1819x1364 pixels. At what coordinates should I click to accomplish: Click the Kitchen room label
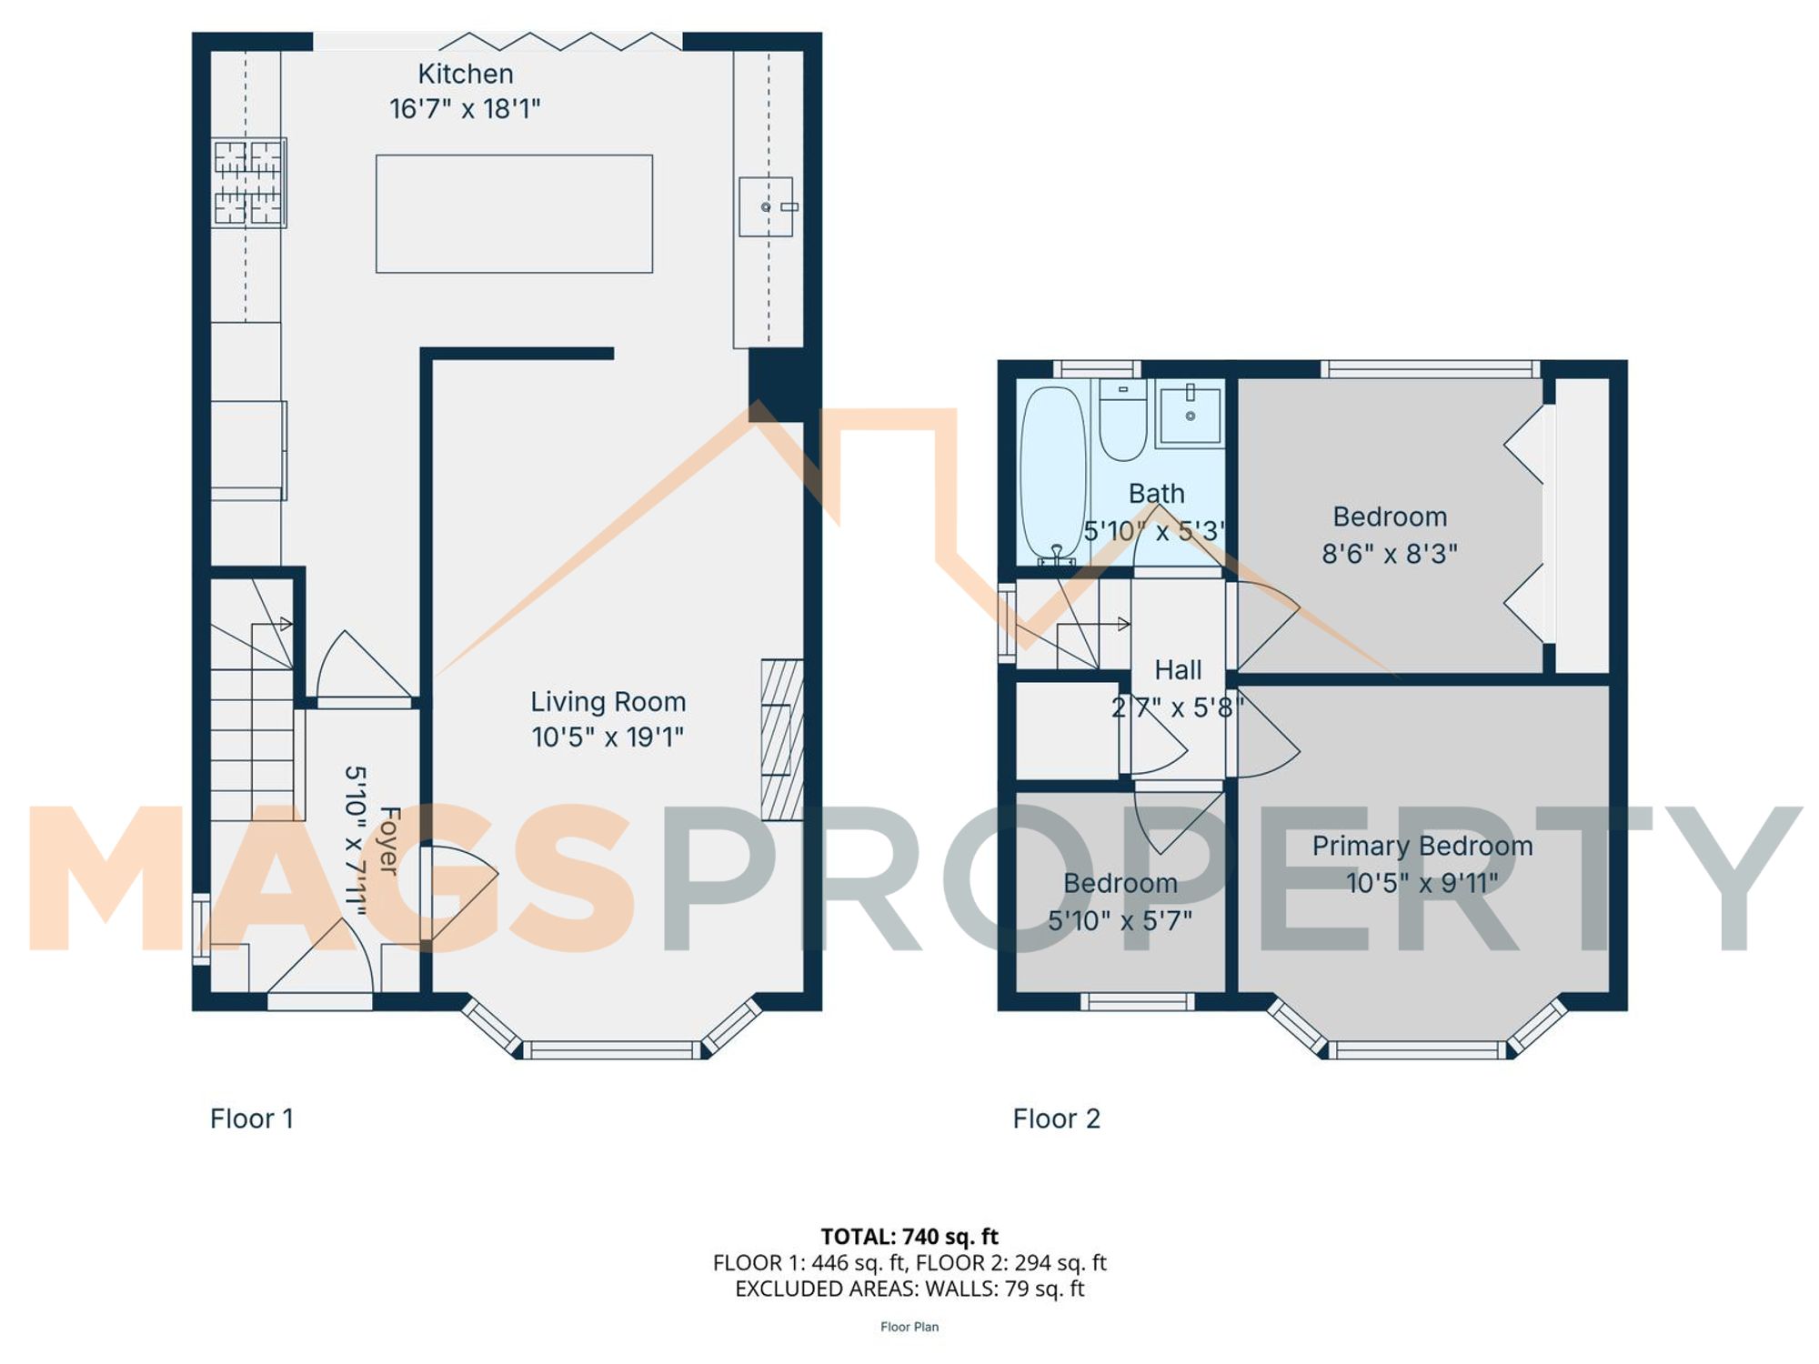coord(465,74)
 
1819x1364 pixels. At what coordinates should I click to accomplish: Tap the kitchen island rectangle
coord(514,214)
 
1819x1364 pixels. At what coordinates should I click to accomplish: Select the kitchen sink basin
coord(765,206)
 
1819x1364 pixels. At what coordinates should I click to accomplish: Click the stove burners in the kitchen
coord(249,182)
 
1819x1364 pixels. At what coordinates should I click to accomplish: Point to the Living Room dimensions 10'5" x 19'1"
coord(607,737)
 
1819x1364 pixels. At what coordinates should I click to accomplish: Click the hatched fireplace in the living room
coord(781,739)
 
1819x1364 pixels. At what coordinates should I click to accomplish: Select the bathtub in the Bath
coord(1053,473)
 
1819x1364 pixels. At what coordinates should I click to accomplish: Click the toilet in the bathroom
coord(1122,421)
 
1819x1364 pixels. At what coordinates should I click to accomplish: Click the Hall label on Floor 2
coord(1178,670)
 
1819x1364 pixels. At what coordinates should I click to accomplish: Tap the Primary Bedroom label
coord(1422,846)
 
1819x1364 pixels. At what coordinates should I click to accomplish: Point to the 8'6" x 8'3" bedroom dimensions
coord(1389,554)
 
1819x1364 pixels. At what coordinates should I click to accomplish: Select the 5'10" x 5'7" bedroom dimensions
coord(1120,920)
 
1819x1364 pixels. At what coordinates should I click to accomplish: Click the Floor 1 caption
coord(251,1118)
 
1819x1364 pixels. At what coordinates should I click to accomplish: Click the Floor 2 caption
coord(1056,1118)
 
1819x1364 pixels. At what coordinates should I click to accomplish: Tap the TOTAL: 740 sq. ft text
coord(909,1237)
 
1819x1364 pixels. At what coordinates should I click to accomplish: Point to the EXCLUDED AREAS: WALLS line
coord(909,1289)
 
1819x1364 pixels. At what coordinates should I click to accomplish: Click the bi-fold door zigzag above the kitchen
coord(560,41)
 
